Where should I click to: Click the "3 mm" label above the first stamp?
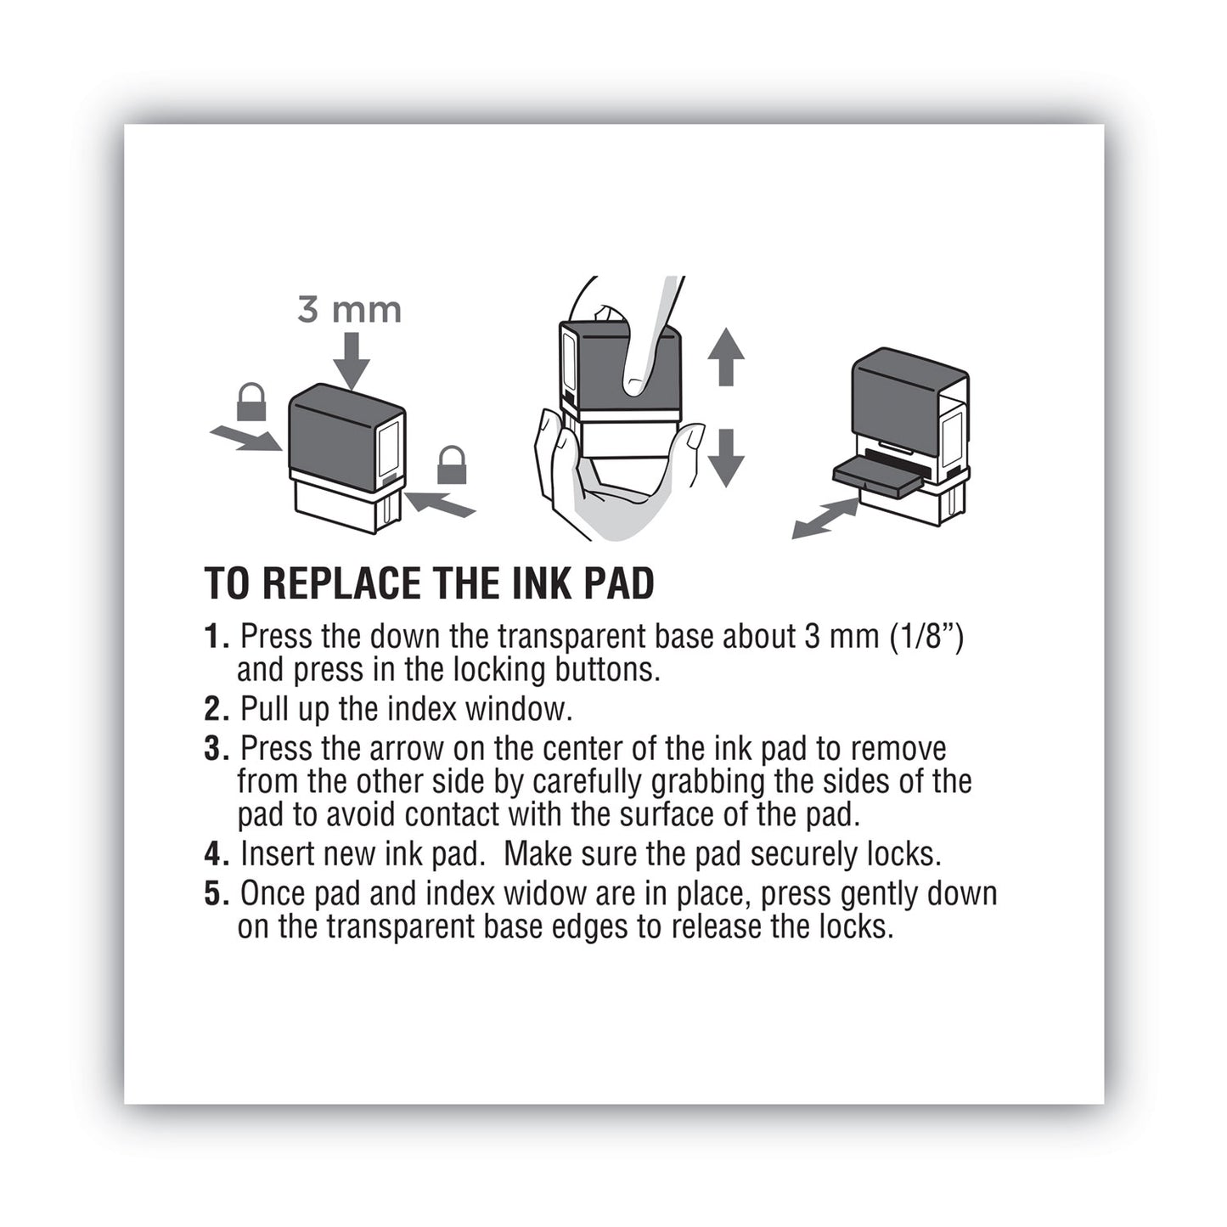pyautogui.click(x=349, y=310)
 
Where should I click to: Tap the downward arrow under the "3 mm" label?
pyautogui.click(x=351, y=361)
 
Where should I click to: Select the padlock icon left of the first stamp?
pyautogui.click(x=251, y=402)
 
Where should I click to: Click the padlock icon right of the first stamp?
pyautogui.click(x=452, y=465)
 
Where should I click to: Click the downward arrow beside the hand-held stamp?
pyautogui.click(x=725, y=458)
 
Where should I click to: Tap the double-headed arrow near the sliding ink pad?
pyautogui.click(x=825, y=519)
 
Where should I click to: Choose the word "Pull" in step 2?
pyautogui.click(x=265, y=709)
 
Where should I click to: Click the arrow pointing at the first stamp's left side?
pyautogui.click(x=245, y=439)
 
